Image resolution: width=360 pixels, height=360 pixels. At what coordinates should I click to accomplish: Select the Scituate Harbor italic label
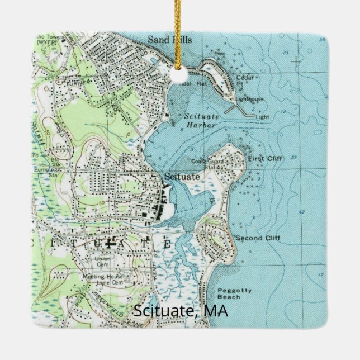[200, 120]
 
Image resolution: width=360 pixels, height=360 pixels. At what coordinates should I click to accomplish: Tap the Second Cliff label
[257, 238]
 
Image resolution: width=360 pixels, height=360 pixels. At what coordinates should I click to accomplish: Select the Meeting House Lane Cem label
[103, 279]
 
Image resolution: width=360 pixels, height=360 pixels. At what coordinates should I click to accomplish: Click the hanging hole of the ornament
[179, 73]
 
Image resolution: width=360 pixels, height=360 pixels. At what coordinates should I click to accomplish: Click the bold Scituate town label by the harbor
[181, 177]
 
